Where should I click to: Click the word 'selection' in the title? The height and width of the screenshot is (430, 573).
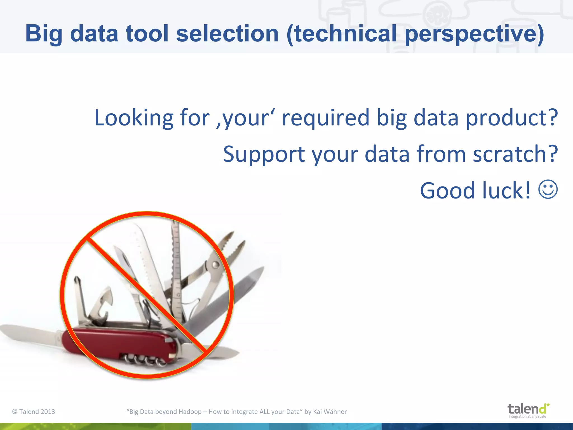(227, 34)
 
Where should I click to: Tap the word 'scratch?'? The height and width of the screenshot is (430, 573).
(515, 154)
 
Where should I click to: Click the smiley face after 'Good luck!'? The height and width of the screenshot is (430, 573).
(548, 190)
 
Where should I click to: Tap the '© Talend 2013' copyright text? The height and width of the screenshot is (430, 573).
(34, 412)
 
